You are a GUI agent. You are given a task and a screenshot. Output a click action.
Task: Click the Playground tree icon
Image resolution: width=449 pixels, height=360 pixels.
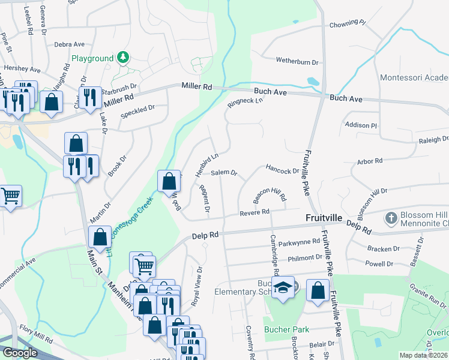[123, 58]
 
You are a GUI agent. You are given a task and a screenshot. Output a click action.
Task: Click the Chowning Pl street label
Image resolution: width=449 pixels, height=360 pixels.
[348, 24]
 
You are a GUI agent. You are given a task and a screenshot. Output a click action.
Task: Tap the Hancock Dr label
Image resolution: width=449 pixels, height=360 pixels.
[282, 171]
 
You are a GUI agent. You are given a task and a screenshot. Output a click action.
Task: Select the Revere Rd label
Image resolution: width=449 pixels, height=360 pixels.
[254, 212]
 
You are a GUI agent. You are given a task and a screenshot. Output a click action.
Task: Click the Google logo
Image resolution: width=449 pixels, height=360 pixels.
[20, 352]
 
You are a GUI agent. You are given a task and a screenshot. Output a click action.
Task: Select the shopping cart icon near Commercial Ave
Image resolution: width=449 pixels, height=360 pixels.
[11, 196]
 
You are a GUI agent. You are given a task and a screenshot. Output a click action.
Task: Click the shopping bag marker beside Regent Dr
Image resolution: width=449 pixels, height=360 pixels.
[170, 181]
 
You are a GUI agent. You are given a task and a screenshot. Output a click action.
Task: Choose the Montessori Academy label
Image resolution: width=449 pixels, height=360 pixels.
[414, 78]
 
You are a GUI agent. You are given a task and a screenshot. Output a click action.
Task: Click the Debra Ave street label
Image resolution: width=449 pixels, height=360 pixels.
[69, 44]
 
